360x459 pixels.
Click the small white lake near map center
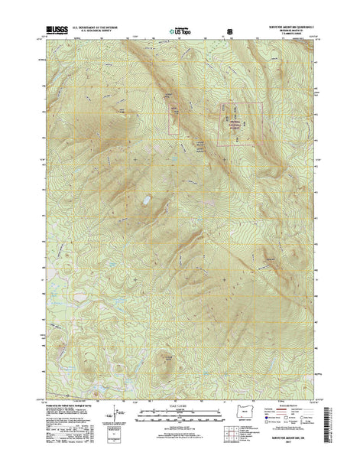[144, 203]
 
